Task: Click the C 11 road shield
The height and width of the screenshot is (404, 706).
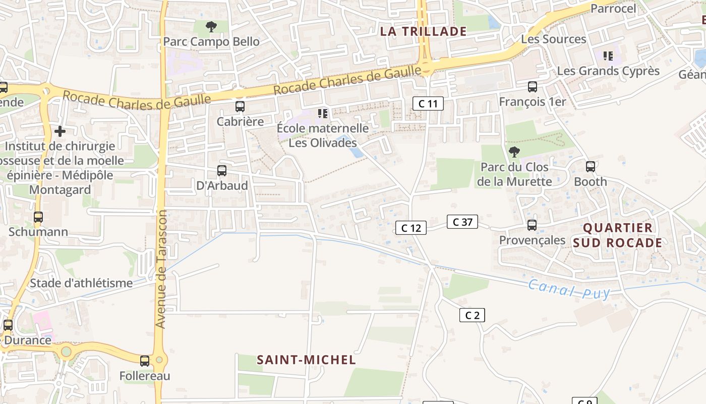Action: (x=428, y=104)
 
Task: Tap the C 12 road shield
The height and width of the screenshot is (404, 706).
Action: (x=411, y=228)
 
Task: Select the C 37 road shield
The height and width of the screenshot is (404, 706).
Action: (x=462, y=221)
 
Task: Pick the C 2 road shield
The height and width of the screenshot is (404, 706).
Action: (x=472, y=315)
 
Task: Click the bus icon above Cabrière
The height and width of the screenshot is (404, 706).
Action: (x=240, y=107)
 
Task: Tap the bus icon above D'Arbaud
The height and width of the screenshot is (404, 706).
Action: (x=222, y=171)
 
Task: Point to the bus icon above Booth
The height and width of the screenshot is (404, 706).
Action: (x=591, y=166)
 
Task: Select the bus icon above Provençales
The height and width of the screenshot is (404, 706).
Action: (x=532, y=225)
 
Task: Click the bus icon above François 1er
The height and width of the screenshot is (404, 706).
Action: (x=532, y=87)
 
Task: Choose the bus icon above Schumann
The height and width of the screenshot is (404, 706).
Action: (x=38, y=217)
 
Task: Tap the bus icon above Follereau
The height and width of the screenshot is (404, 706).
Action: (x=145, y=361)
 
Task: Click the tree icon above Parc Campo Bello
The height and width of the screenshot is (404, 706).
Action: (x=211, y=26)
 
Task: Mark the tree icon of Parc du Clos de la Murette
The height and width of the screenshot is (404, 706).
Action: (x=514, y=151)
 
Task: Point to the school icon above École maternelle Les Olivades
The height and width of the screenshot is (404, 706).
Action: (x=323, y=113)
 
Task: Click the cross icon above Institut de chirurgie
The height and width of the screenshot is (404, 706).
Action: (x=60, y=131)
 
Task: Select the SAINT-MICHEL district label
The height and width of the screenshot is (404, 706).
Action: (x=306, y=360)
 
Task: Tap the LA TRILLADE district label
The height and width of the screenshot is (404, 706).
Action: (x=423, y=31)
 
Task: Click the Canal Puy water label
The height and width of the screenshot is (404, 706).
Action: (x=569, y=290)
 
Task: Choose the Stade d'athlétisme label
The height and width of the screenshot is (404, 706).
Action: (x=81, y=283)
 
